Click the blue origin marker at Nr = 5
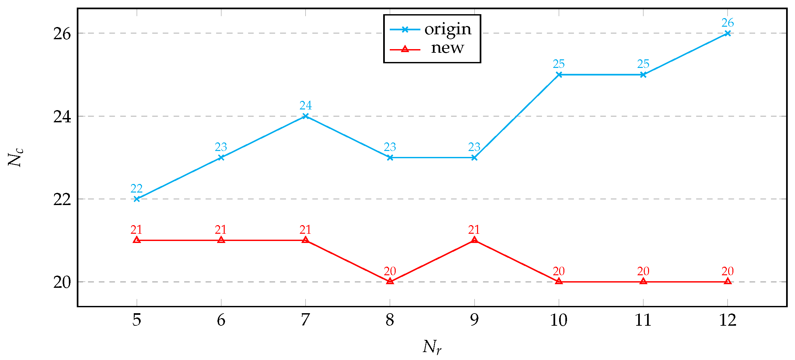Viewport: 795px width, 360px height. (137, 199)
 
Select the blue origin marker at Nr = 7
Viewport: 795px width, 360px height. (305, 116)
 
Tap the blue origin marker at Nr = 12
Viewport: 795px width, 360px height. (727, 33)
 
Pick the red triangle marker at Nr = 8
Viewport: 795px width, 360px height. (390, 281)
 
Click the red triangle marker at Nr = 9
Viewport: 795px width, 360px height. (474, 240)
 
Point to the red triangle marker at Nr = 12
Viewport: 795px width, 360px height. (727, 281)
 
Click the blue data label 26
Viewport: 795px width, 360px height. (727, 23)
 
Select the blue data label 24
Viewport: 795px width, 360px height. (305, 105)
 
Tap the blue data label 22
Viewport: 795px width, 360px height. (136, 189)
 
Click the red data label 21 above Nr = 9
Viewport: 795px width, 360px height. (474, 229)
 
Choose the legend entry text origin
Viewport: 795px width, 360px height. (448, 30)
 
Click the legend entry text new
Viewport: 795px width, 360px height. (447, 48)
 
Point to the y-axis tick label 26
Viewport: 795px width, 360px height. (62, 34)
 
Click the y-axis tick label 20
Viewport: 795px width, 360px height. (62, 282)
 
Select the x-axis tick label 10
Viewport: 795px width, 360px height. (559, 320)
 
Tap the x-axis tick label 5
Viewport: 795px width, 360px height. (137, 320)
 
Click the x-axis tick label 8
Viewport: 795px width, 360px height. (390, 320)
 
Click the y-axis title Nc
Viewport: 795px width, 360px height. (15, 158)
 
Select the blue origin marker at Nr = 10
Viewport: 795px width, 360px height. (559, 75)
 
